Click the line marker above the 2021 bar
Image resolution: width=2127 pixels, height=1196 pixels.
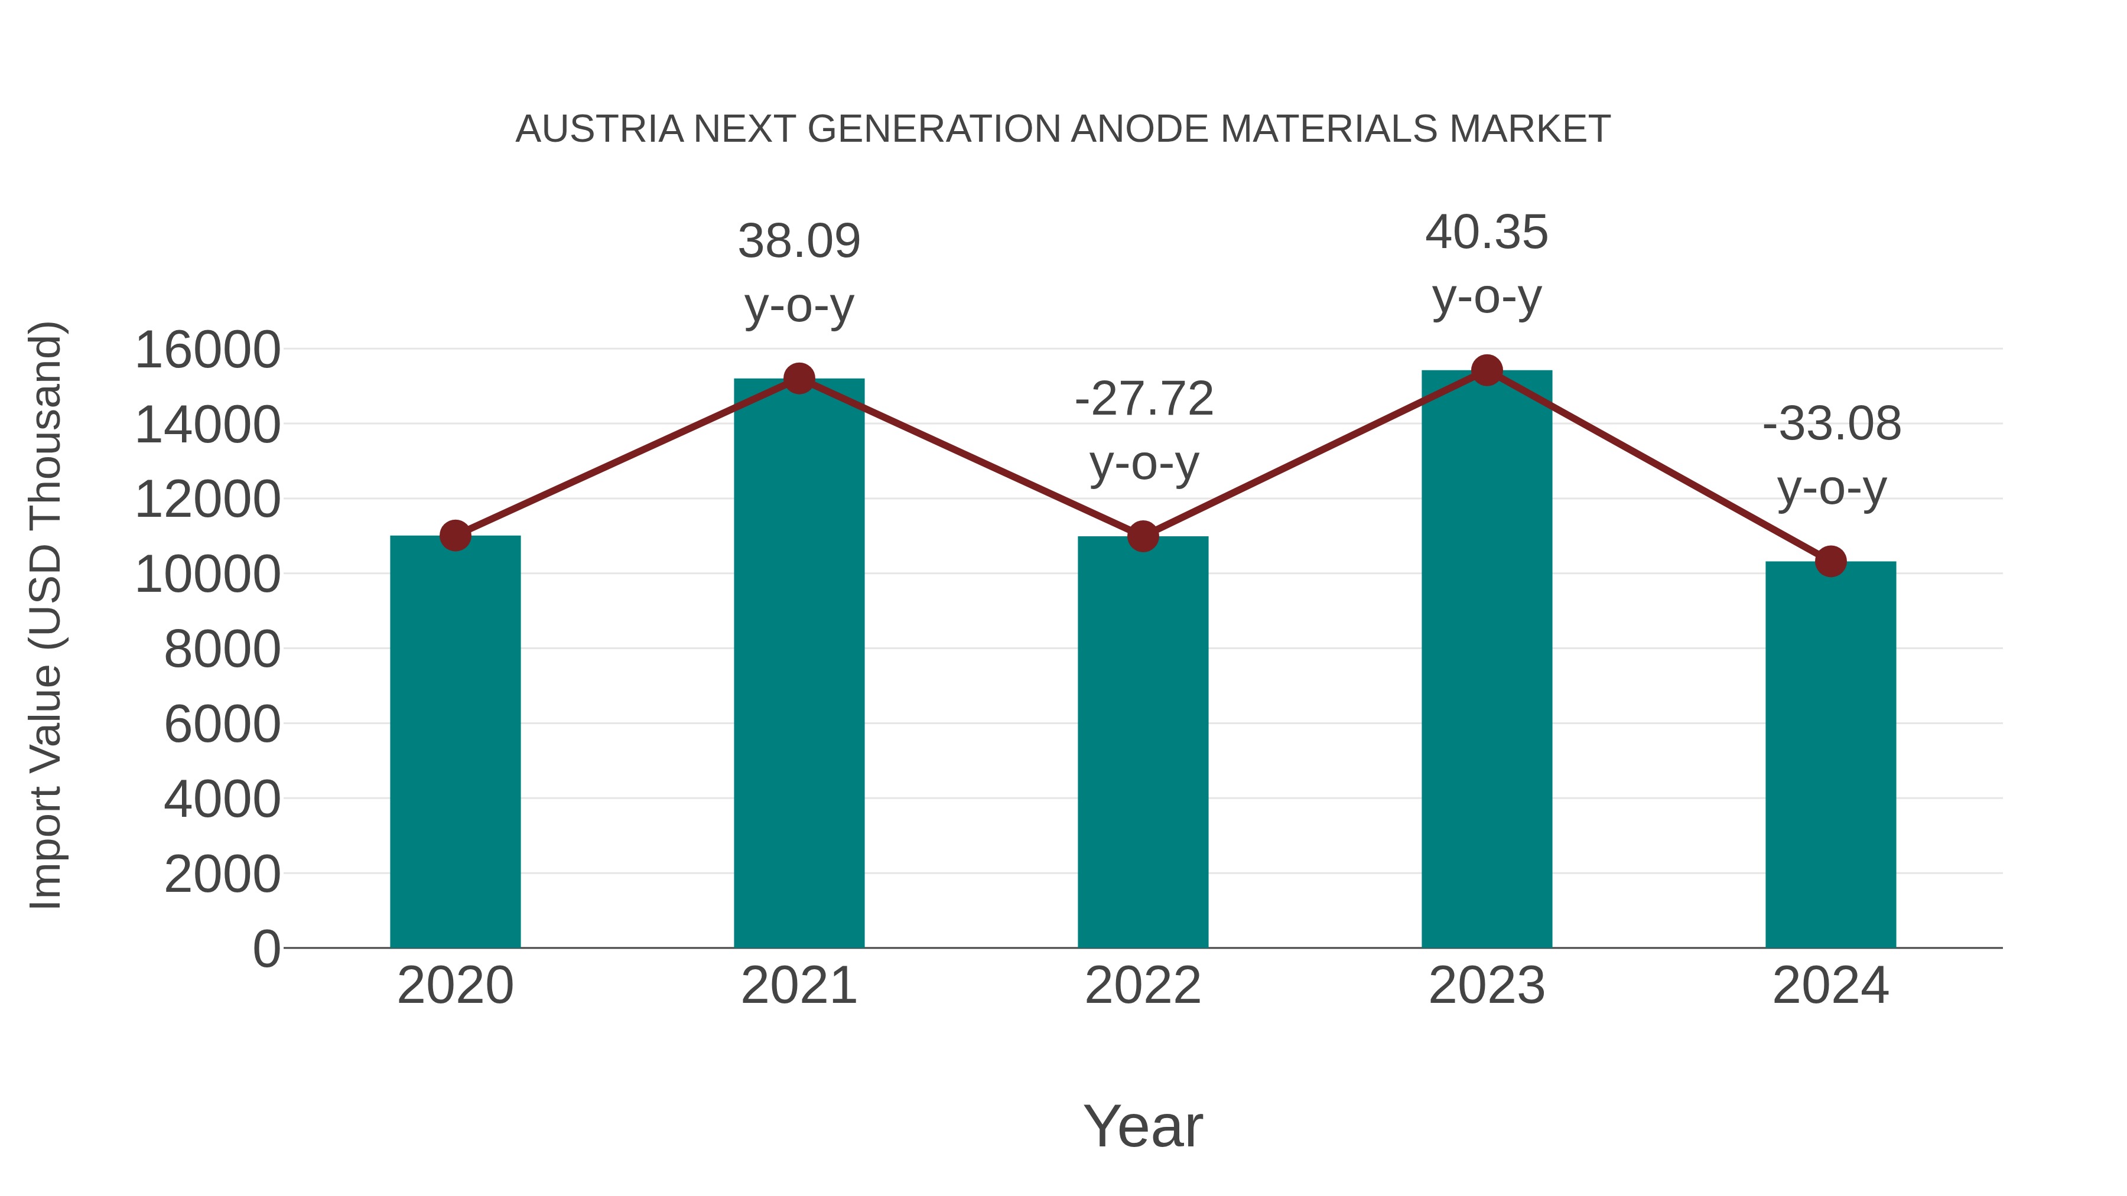click(x=799, y=379)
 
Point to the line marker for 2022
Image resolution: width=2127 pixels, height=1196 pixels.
click(x=1143, y=536)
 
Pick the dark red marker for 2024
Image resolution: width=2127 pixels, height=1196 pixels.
click(x=1830, y=562)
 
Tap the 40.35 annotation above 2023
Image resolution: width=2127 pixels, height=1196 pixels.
click(x=1487, y=233)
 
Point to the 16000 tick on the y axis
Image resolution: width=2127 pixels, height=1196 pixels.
click(x=207, y=350)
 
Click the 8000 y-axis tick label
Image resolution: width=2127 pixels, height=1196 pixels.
click(x=222, y=650)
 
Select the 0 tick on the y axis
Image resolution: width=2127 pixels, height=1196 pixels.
click(x=266, y=949)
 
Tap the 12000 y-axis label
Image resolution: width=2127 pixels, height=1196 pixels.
click(x=207, y=499)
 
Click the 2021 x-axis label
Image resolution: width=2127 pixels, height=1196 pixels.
click(x=799, y=986)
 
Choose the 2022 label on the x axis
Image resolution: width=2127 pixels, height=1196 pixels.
click(x=1143, y=986)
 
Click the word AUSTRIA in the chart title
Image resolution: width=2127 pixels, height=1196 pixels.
click(x=600, y=129)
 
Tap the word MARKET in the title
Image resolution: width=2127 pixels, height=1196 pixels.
click(x=1529, y=129)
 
